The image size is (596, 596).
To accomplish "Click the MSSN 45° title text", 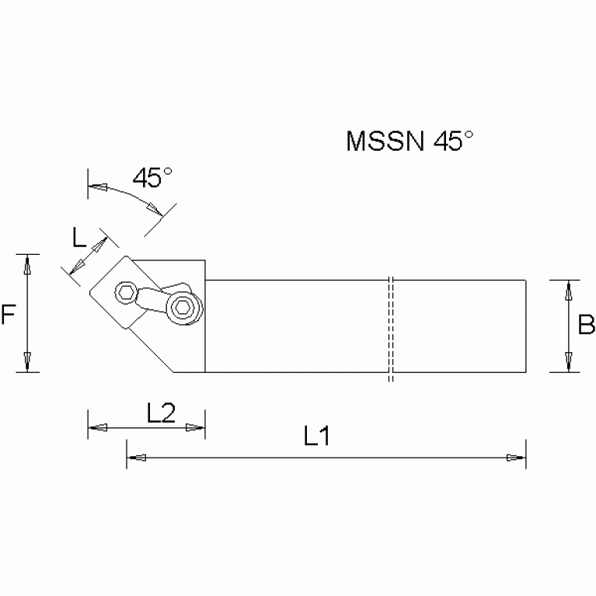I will (x=410, y=141).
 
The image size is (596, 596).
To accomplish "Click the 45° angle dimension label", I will (x=152, y=177).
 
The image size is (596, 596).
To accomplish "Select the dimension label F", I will (x=9, y=315).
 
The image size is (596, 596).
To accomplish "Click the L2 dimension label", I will (x=160, y=413).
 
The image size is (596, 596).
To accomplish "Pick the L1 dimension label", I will (x=317, y=437).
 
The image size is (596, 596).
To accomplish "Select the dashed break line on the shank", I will (x=390, y=326).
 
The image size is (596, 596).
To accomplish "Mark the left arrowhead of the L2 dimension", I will (x=97, y=427).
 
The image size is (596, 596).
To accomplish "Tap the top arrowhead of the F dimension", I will (x=28, y=266).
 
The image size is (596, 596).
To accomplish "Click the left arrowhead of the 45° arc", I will (x=97, y=186).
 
